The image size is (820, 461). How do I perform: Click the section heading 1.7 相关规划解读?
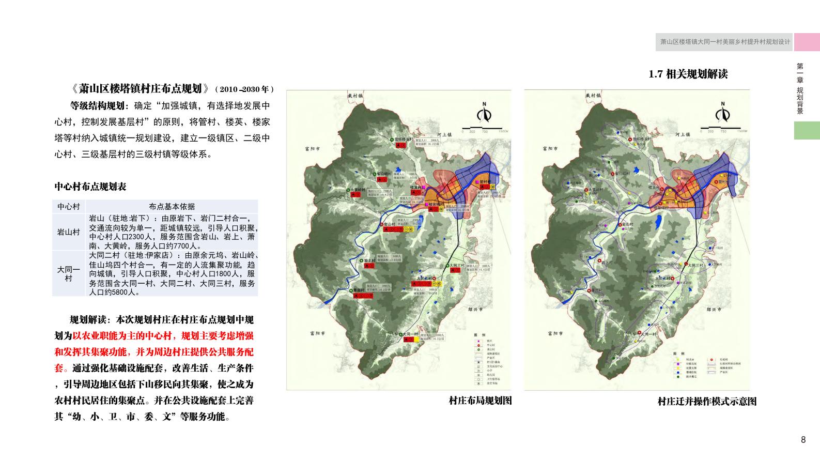point(688,74)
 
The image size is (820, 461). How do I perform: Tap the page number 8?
point(803,440)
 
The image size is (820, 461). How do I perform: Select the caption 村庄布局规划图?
point(480,401)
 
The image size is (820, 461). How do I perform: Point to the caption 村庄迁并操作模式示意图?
point(707,402)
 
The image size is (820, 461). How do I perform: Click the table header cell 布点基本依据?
point(172,206)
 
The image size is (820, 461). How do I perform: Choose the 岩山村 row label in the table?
point(69,232)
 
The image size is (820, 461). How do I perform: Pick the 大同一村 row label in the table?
point(69,274)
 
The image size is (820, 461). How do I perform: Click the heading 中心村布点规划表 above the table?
point(90,187)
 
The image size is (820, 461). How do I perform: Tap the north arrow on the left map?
point(485,112)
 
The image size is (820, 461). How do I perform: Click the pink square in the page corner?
point(807,42)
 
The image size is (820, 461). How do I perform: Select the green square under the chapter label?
point(807,130)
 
